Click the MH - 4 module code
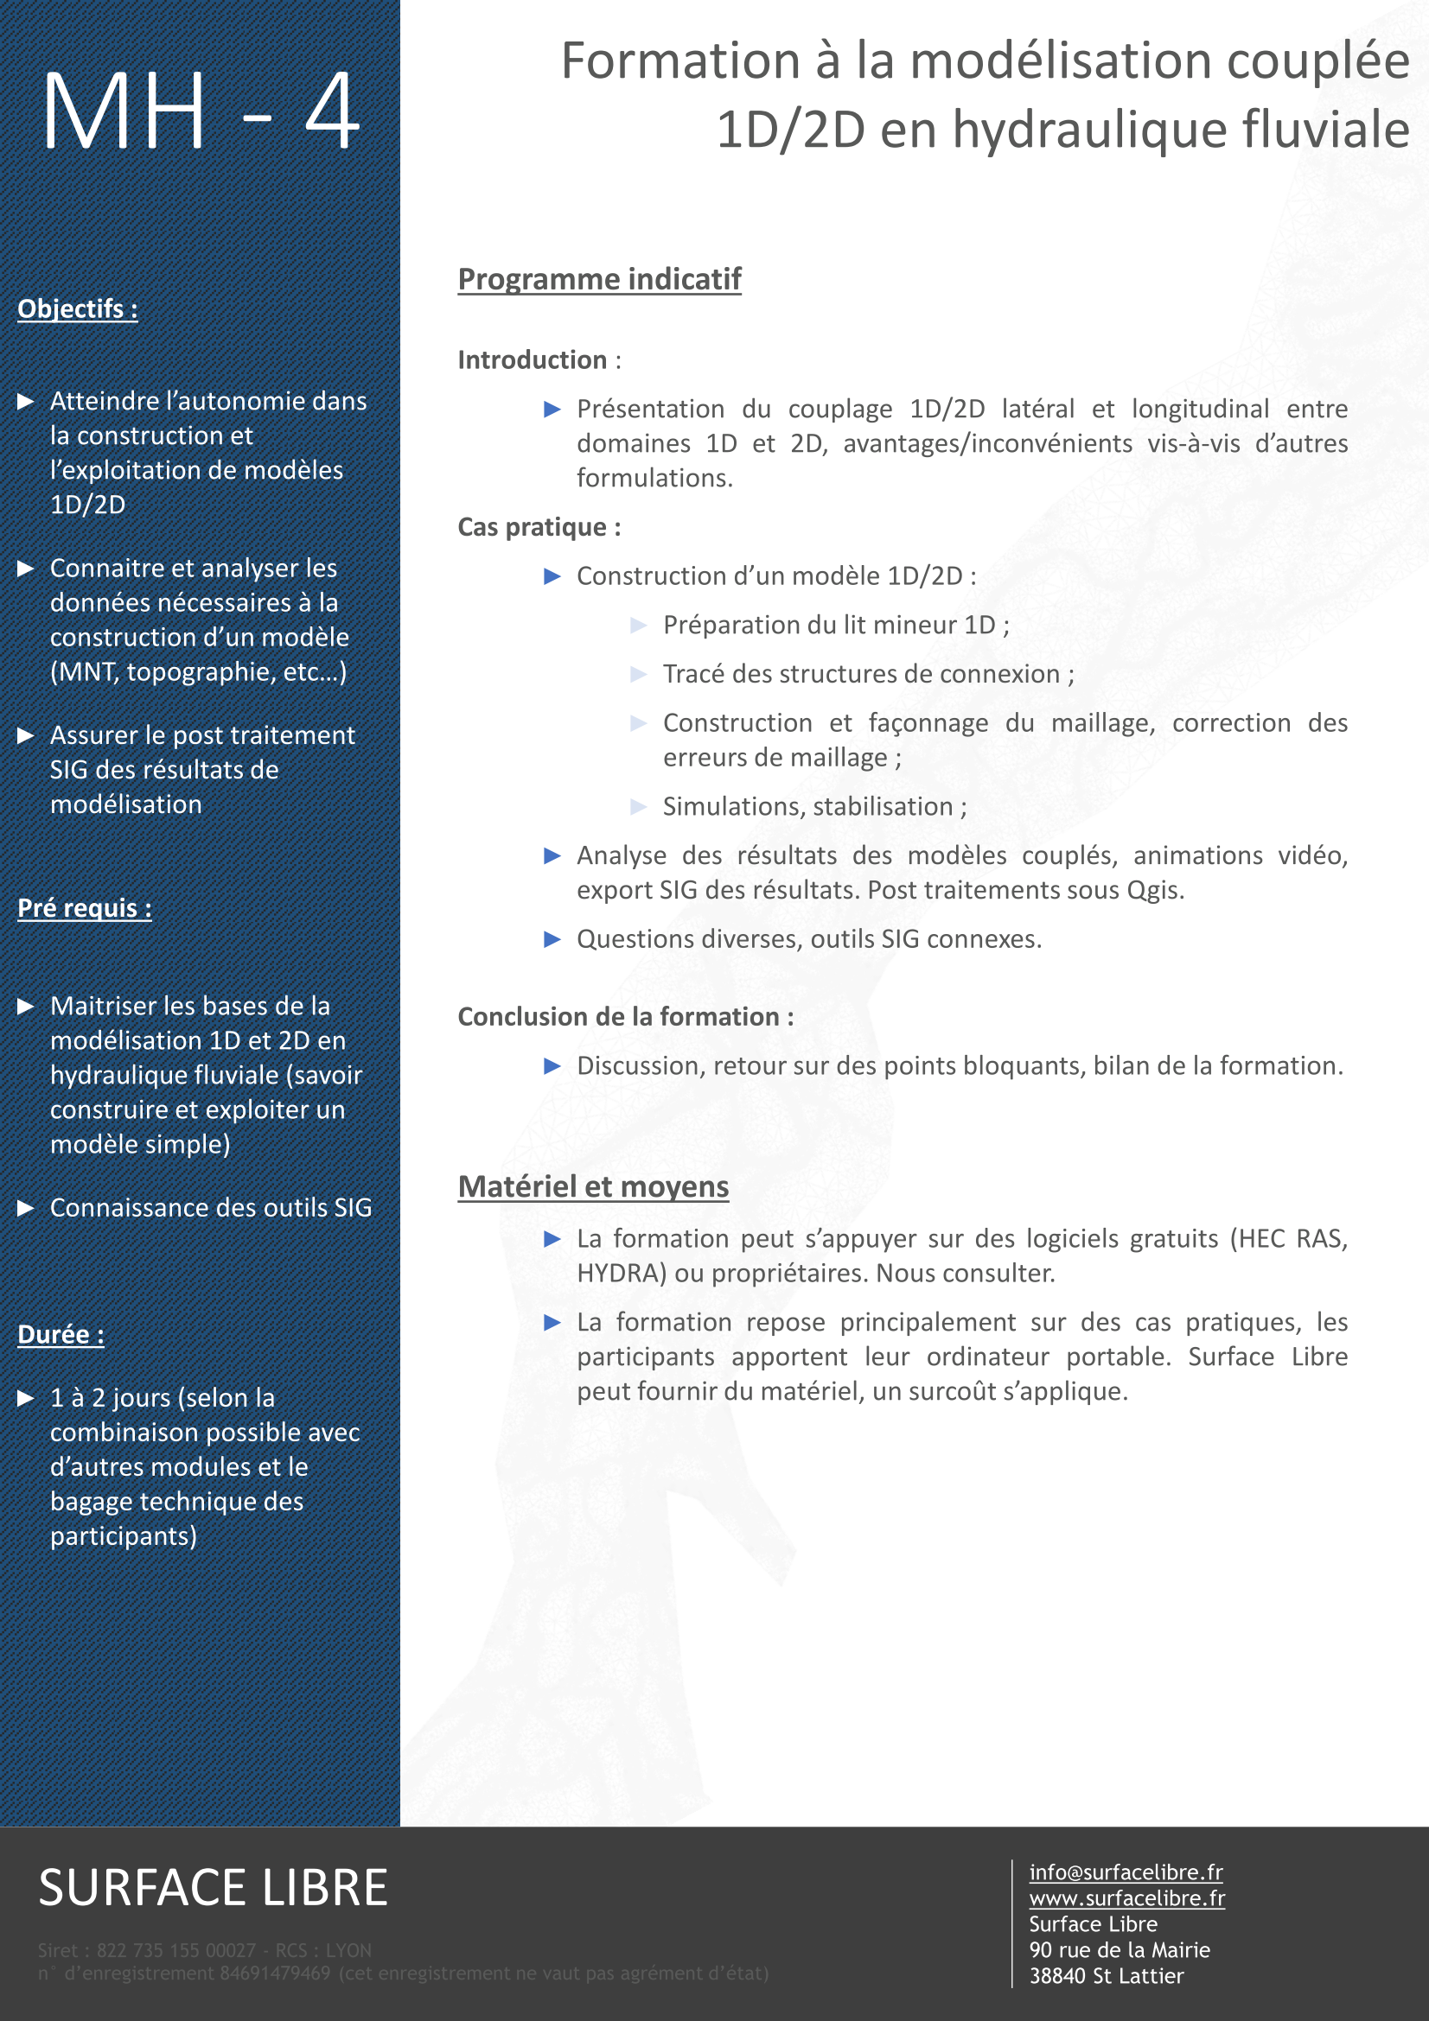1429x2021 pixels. coord(201,112)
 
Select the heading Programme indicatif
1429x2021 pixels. coord(599,279)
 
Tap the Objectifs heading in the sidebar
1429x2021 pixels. coord(78,309)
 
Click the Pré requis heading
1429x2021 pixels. coord(85,907)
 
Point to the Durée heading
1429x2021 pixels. coord(61,1334)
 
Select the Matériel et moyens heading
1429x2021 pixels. coord(592,1186)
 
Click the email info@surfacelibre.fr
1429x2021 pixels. coord(1126,1872)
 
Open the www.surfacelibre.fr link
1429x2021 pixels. coord(1126,1897)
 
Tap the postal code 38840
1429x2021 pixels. coord(1057,1976)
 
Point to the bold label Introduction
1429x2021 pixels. coord(532,360)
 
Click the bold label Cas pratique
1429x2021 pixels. coord(532,527)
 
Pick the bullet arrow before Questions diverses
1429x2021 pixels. coord(552,939)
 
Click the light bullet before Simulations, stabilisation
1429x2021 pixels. coord(638,806)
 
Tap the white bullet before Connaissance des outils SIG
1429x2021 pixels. coord(26,1208)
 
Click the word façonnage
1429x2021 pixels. coord(928,722)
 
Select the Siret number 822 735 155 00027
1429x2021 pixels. coord(176,1951)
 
